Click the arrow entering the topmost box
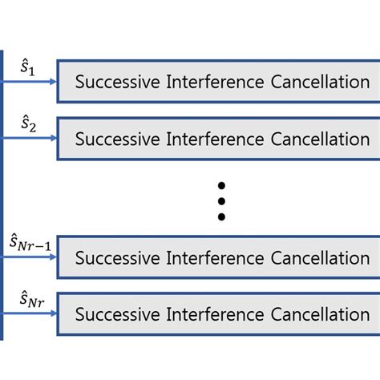31,81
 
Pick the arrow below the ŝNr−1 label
31,257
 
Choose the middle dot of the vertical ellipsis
222,200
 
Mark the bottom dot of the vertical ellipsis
222,216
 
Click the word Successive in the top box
115,82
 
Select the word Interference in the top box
207,82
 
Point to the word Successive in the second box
115,139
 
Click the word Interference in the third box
207,258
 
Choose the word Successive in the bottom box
115,315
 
